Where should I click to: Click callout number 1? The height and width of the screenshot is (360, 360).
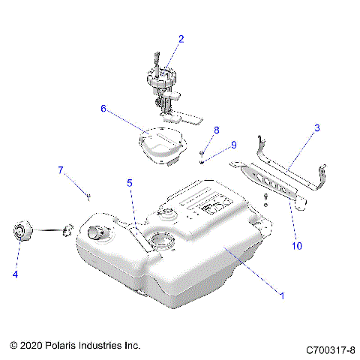click(x=281, y=296)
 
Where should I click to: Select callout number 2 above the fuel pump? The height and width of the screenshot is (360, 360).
click(x=180, y=38)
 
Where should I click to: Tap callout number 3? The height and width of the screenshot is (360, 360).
click(x=317, y=128)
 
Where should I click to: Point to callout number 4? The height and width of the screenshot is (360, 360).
click(x=14, y=274)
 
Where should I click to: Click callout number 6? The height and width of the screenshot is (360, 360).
click(x=103, y=108)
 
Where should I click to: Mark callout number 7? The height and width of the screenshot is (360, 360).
click(x=61, y=170)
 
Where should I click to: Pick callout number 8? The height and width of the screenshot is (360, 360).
click(x=216, y=130)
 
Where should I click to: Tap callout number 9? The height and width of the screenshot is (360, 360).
click(x=233, y=145)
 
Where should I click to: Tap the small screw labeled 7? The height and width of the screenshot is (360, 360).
click(x=88, y=196)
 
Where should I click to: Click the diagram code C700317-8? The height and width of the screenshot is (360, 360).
click(x=329, y=349)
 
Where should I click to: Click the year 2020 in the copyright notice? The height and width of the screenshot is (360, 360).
click(x=32, y=346)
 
